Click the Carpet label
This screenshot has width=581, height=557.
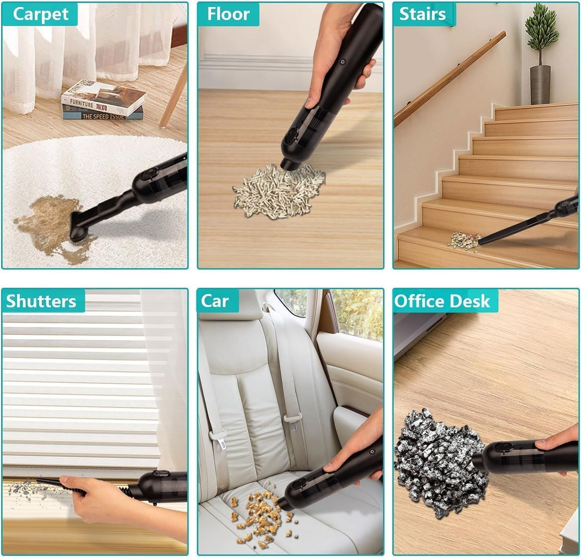point(40,14)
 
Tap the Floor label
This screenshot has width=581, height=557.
point(228,14)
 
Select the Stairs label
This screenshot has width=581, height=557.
point(422,14)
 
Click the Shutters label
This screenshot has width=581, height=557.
point(41,301)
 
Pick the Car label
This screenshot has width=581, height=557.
point(215,301)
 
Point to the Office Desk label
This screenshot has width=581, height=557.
point(442,301)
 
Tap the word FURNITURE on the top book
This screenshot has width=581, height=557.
point(81,103)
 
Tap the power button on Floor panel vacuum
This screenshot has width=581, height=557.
point(342,63)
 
